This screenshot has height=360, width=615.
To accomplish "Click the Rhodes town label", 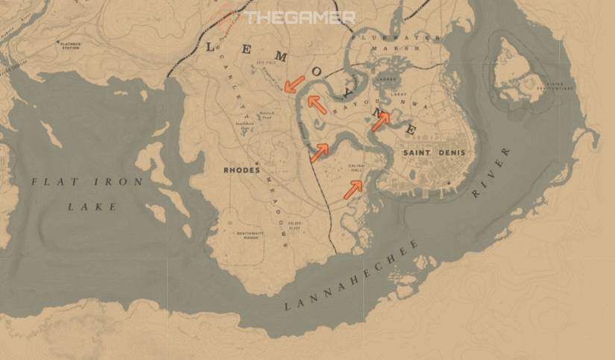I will pos(241,170).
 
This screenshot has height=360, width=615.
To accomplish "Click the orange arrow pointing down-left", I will pos(294,83).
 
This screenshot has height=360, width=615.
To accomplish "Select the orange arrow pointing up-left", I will pos(318,105).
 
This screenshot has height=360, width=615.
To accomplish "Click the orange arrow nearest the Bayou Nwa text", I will pos(380,120).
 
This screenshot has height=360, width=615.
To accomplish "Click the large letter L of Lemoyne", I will pos(210,46).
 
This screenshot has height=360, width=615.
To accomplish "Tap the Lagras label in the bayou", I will pos(385,76).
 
